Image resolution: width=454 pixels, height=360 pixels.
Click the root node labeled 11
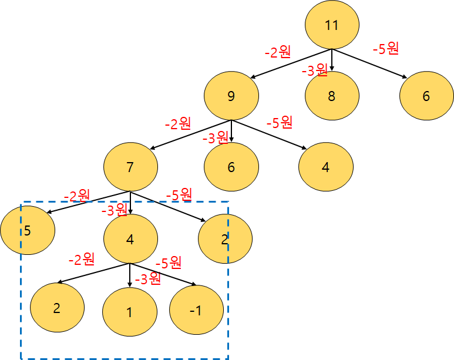tap(332, 25)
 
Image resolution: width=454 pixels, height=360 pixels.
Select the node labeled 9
tap(231, 96)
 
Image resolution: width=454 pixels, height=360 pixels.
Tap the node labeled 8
tap(332, 96)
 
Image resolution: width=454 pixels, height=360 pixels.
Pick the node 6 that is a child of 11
tap(426, 96)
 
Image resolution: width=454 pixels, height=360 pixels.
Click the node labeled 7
tap(130, 167)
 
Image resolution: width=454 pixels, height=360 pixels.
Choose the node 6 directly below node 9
tap(231, 167)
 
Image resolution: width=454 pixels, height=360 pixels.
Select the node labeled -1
tap(196, 310)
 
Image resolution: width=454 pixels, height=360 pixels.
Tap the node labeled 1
tap(130, 312)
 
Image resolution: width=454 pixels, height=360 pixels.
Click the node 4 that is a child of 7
tap(130, 239)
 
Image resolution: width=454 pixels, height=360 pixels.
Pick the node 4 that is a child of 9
tap(325, 166)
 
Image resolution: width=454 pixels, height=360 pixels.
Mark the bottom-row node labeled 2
tap(57, 308)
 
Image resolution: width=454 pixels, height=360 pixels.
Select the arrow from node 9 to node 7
tap(191, 135)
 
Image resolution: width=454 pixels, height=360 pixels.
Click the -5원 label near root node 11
tap(386, 49)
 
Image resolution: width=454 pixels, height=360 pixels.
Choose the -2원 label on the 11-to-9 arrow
tap(277, 52)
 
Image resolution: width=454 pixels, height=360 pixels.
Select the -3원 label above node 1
tap(147, 279)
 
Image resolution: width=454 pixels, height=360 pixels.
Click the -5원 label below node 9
tap(279, 123)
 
